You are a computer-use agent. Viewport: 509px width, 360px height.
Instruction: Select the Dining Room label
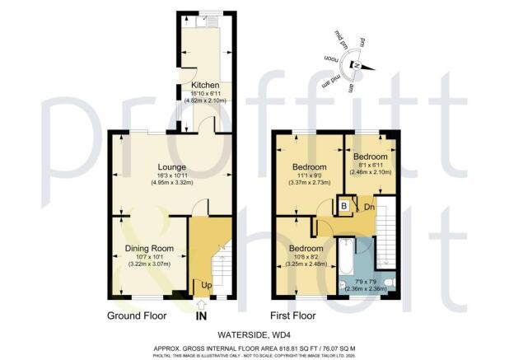point(149,248)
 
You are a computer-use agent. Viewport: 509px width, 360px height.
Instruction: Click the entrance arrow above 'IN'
point(202,304)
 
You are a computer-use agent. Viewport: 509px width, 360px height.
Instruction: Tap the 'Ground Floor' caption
point(137,316)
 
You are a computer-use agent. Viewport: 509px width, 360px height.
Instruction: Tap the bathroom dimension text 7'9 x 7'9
point(367,282)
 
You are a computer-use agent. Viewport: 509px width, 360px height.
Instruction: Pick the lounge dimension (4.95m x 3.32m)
point(171,182)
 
